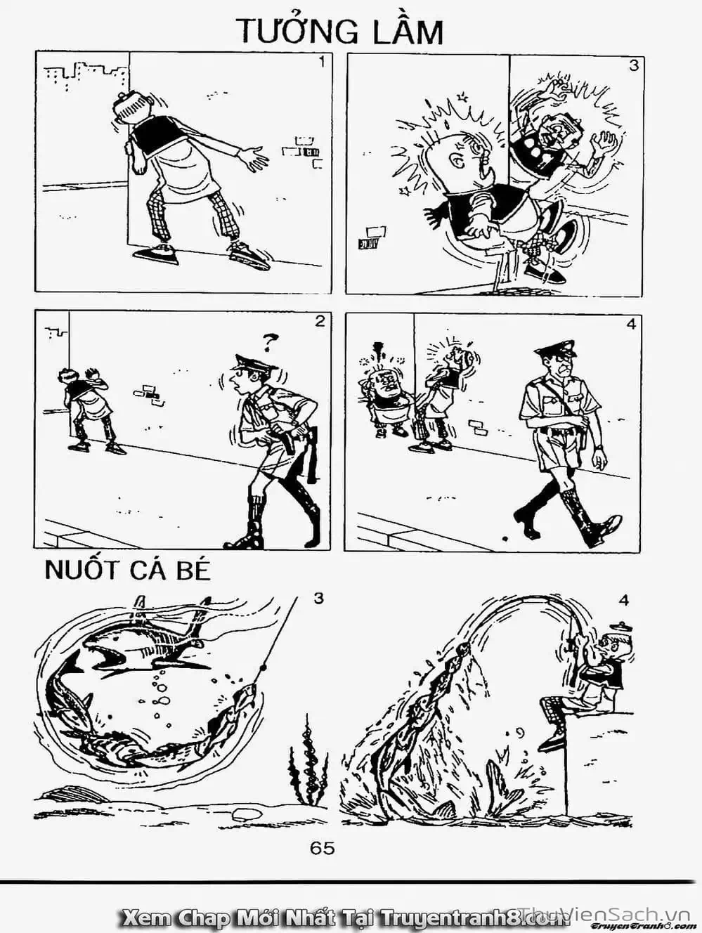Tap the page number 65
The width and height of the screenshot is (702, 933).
pos(323,847)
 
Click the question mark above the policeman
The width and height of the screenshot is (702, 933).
pos(267,343)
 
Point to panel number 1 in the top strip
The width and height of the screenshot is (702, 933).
pos(321,63)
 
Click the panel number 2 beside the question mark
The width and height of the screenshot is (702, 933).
pos(320,322)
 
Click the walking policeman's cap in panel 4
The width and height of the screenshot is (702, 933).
pos(554,349)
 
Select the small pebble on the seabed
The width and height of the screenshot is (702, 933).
pos(244,814)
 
